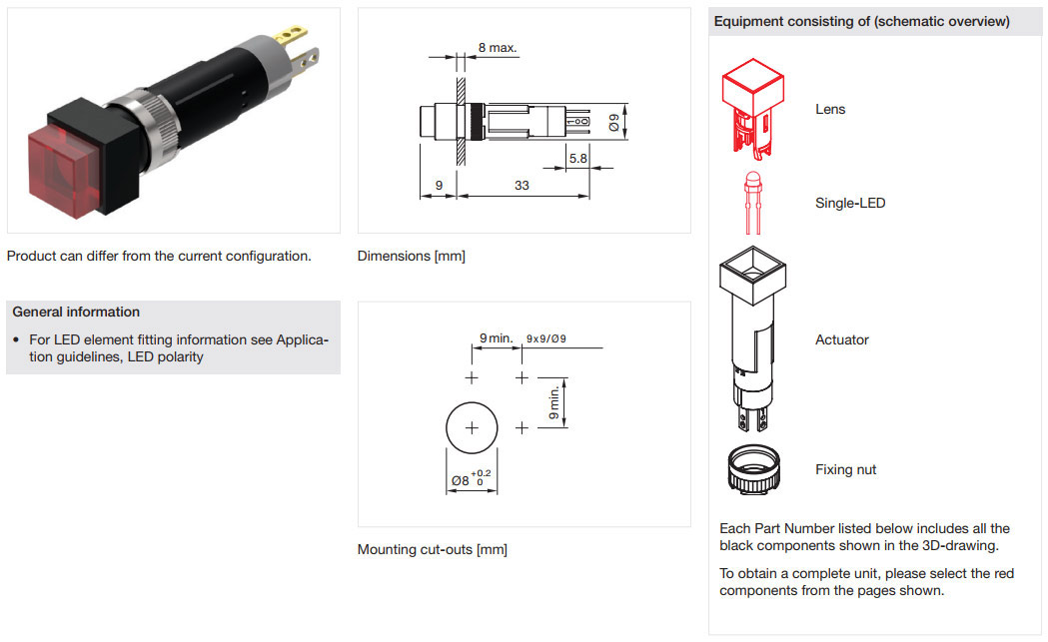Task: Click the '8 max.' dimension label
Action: [x=498, y=48]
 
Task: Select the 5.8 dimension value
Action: [x=578, y=159]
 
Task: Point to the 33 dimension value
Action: [x=522, y=185]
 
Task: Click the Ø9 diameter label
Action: [x=614, y=122]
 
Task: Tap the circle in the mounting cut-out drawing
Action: [x=472, y=427]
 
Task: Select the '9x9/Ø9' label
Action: [x=546, y=338]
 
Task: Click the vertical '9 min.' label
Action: [x=554, y=402]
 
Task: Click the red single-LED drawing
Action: [x=753, y=203]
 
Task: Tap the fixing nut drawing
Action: [x=754, y=469]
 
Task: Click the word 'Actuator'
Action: [x=841, y=339]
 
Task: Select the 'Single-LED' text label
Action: [x=850, y=203]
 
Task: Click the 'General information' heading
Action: [x=76, y=312]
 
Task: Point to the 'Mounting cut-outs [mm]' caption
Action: [x=433, y=550]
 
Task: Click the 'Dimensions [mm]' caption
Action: [x=411, y=256]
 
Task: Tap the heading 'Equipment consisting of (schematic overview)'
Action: [x=861, y=21]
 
